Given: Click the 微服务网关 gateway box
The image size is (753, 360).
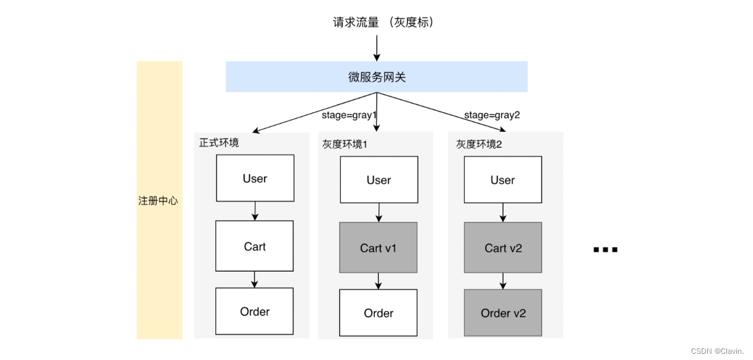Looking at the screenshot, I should pyautogui.click(x=376, y=77).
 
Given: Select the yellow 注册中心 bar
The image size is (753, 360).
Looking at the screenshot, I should pyautogui.click(x=159, y=200).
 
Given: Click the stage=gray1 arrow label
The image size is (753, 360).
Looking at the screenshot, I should pyautogui.click(x=349, y=115).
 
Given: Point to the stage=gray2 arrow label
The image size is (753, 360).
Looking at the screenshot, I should pyautogui.click(x=492, y=115).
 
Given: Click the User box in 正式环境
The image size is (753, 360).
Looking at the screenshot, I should pyautogui.click(x=255, y=178).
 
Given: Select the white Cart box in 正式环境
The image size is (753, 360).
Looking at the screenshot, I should pyautogui.click(x=255, y=246).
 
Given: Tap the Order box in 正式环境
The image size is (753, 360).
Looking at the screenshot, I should pyautogui.click(x=255, y=312).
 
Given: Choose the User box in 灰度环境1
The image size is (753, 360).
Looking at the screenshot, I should pyautogui.click(x=379, y=180).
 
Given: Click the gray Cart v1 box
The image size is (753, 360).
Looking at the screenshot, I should pyautogui.click(x=379, y=247).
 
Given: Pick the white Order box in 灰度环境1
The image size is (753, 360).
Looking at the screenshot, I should pyautogui.click(x=379, y=314).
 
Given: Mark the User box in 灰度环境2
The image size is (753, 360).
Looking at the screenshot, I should pyautogui.click(x=502, y=180).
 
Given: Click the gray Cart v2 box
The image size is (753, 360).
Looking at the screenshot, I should pyautogui.click(x=503, y=247).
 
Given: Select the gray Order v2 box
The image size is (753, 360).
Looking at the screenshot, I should pyautogui.click(x=503, y=313).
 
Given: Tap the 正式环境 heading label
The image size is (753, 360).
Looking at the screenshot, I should pyautogui.click(x=219, y=142).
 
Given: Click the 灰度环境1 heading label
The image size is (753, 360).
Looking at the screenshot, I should pyautogui.click(x=345, y=144).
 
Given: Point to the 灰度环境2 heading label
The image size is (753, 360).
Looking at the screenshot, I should pyautogui.click(x=480, y=144).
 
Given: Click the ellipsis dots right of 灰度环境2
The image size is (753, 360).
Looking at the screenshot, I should pyautogui.click(x=605, y=250).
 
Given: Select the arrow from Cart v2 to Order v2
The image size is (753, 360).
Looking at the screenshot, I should pyautogui.click(x=503, y=281).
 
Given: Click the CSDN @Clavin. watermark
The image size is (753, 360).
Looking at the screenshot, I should pyautogui.click(x=718, y=351).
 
